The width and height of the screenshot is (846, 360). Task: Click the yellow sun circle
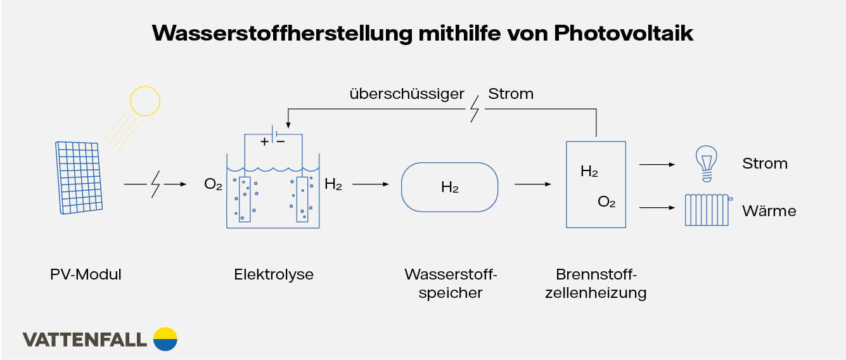point(145,101)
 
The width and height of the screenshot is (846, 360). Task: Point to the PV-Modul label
point(86,274)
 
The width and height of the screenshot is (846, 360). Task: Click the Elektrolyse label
point(274,274)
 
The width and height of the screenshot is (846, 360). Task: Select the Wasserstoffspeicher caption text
point(451,283)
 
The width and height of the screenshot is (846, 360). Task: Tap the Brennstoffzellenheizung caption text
point(595,283)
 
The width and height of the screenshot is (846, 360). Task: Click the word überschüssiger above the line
point(407,94)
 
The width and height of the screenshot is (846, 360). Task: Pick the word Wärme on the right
point(769,210)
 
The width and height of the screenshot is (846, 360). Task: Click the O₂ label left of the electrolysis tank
point(213,185)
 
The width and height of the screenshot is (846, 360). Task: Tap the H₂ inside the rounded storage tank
point(450,188)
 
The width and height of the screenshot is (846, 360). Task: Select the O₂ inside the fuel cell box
point(606,202)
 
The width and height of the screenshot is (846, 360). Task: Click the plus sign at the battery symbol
point(264,142)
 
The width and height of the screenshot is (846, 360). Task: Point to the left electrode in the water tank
point(245,199)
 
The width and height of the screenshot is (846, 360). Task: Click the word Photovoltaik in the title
point(624,32)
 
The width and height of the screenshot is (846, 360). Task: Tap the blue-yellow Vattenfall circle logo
point(165,339)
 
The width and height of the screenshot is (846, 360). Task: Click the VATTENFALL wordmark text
point(85,340)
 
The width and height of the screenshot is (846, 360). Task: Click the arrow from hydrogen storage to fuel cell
point(532,184)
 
